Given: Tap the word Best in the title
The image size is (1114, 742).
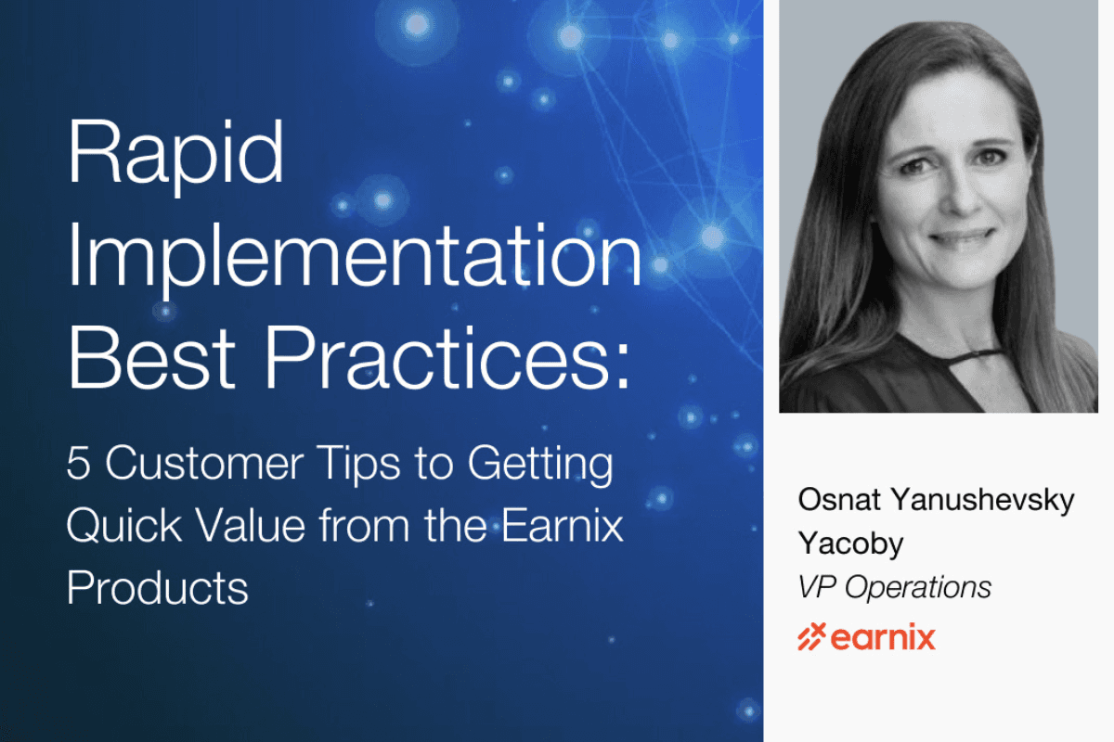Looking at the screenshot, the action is pos(151,357).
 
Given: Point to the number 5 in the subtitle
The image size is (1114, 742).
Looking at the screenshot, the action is pos(79,463).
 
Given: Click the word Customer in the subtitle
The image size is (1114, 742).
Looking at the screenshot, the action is pos(204,463).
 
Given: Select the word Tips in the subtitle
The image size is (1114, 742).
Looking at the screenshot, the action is pos(358,466).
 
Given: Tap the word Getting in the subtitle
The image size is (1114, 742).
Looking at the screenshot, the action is pos(540,466).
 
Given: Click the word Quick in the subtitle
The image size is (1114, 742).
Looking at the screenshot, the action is pos(123,526).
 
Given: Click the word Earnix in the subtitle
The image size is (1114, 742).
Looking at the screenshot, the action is pos(562,525).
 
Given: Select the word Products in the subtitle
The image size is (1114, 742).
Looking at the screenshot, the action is pos(157,587).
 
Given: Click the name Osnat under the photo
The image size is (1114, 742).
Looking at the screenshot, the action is pos(839,500).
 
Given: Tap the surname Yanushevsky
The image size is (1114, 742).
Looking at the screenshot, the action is pos(982,501).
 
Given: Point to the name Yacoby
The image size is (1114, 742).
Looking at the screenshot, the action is pos(850,544).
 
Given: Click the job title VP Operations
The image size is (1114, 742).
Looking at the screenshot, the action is pos(895,587).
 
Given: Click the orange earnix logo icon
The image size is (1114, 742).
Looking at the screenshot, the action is pos(811,636).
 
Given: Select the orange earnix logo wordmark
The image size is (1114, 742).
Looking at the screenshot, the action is pos(883,637).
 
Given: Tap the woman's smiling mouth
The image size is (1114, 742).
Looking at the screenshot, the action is pos(962,237).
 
